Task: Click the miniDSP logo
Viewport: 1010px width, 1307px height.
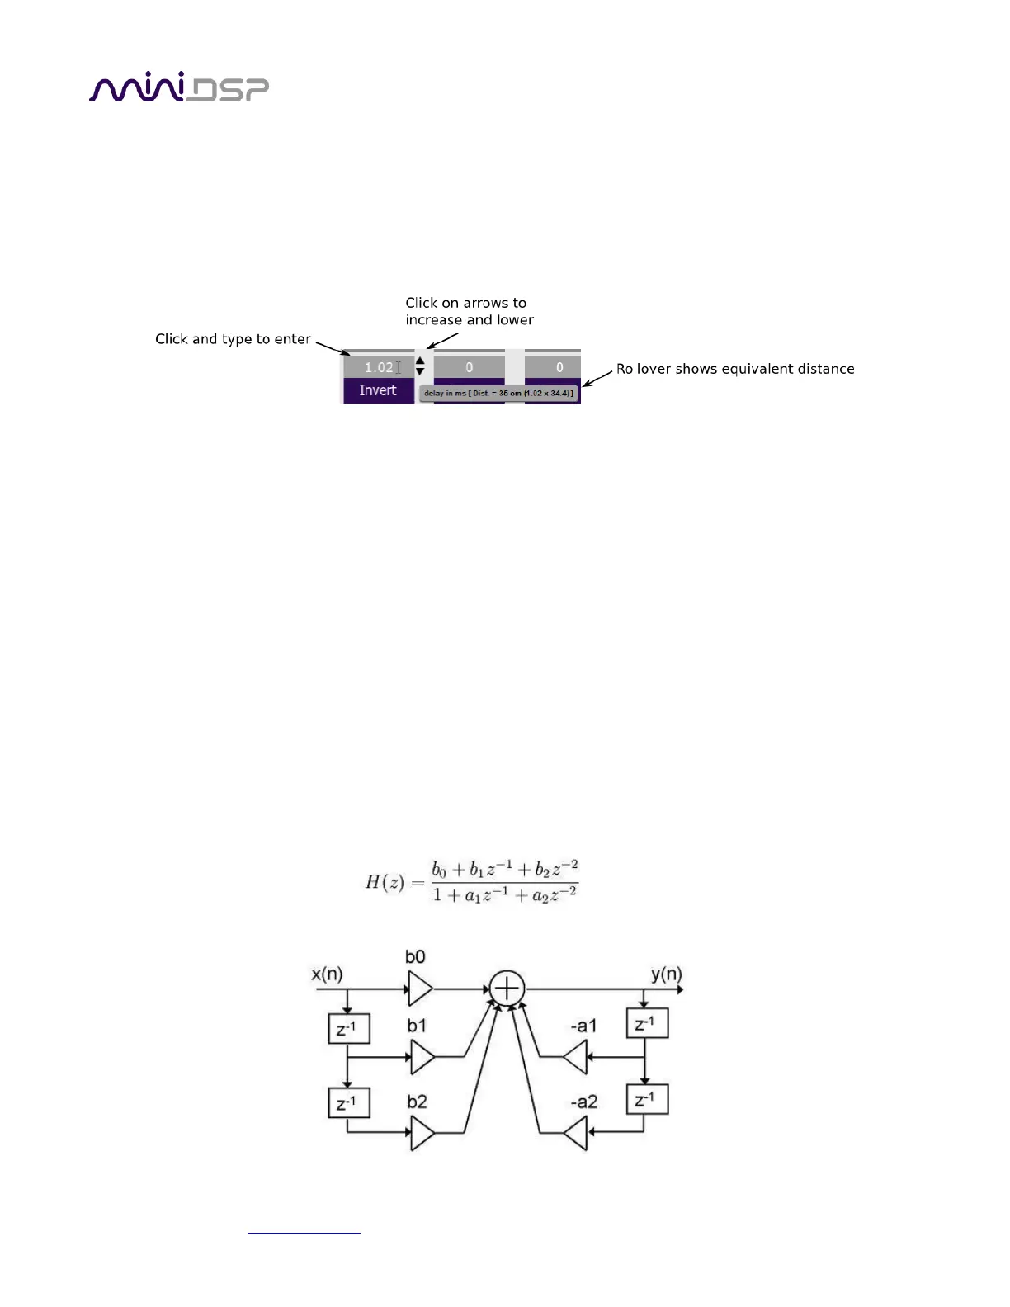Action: pos(178,89)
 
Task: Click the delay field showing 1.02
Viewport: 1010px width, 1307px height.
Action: pos(378,367)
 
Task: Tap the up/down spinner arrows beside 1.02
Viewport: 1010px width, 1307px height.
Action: pos(420,366)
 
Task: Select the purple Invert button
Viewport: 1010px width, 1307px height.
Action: pos(378,390)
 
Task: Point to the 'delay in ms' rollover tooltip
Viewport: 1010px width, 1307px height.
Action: pos(498,394)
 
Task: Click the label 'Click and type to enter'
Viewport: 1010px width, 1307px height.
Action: pos(233,339)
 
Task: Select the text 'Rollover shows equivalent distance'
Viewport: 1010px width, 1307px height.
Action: pos(735,369)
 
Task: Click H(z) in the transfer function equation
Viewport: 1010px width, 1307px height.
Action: pos(384,882)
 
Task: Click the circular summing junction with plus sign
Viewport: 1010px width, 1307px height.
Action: pos(507,988)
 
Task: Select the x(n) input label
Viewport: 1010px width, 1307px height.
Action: pos(327,974)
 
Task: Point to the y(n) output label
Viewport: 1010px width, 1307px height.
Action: pos(667,974)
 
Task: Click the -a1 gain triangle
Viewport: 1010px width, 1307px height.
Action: pos(576,1056)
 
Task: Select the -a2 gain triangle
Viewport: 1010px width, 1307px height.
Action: pos(576,1133)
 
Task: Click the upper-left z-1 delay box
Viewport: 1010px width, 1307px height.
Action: pos(348,1028)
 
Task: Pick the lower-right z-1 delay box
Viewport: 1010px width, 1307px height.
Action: pos(647,1099)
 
